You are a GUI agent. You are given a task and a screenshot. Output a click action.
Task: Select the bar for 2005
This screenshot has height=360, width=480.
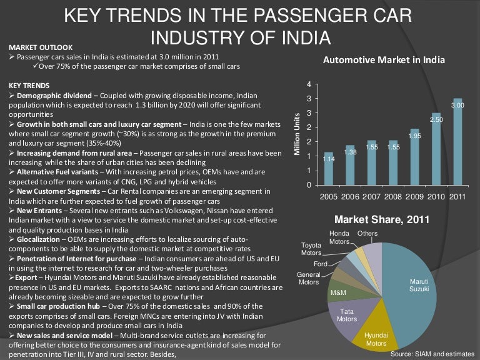329,169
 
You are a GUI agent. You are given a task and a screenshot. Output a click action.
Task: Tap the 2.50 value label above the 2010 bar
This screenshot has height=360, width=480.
436,119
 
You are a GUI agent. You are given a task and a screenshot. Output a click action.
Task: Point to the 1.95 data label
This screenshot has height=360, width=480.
415,135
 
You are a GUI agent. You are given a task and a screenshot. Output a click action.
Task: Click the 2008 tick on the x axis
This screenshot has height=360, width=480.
393,196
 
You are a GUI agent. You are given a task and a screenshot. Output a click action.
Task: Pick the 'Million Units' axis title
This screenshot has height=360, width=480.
297,134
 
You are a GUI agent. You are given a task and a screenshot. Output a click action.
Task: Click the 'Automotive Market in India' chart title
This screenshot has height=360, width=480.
384,61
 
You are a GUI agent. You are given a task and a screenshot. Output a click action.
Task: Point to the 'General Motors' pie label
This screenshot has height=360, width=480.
308,279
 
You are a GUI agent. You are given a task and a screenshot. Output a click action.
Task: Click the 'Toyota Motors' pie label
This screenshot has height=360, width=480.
311,249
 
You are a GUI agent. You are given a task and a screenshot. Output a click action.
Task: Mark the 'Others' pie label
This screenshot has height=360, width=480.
367,233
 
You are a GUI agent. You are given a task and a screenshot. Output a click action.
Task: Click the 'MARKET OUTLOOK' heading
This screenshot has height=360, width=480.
41,47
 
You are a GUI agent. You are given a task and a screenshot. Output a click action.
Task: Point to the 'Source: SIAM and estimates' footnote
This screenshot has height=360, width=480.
433,354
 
